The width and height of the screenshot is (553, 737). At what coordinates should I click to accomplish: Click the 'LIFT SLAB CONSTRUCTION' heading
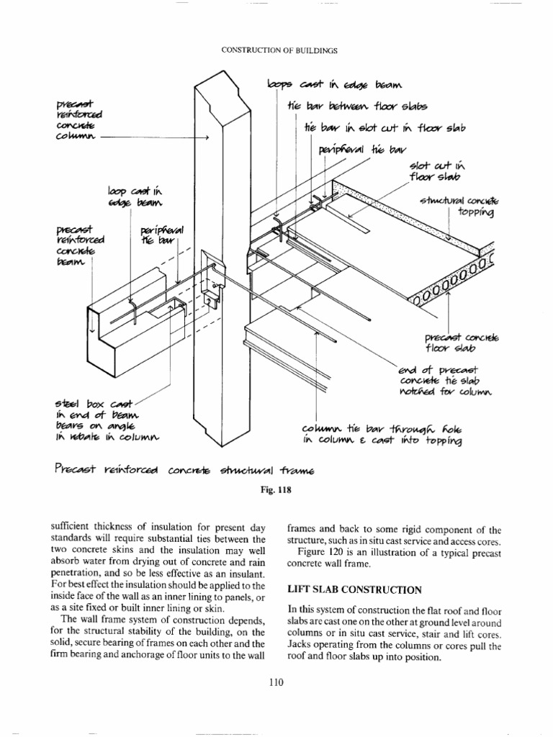pyautogui.click(x=354, y=589)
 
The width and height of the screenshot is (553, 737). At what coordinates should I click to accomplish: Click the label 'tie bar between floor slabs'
pyautogui.click(x=354, y=107)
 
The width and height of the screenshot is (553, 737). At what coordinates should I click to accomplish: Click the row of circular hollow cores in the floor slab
pyautogui.click(x=450, y=282)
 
